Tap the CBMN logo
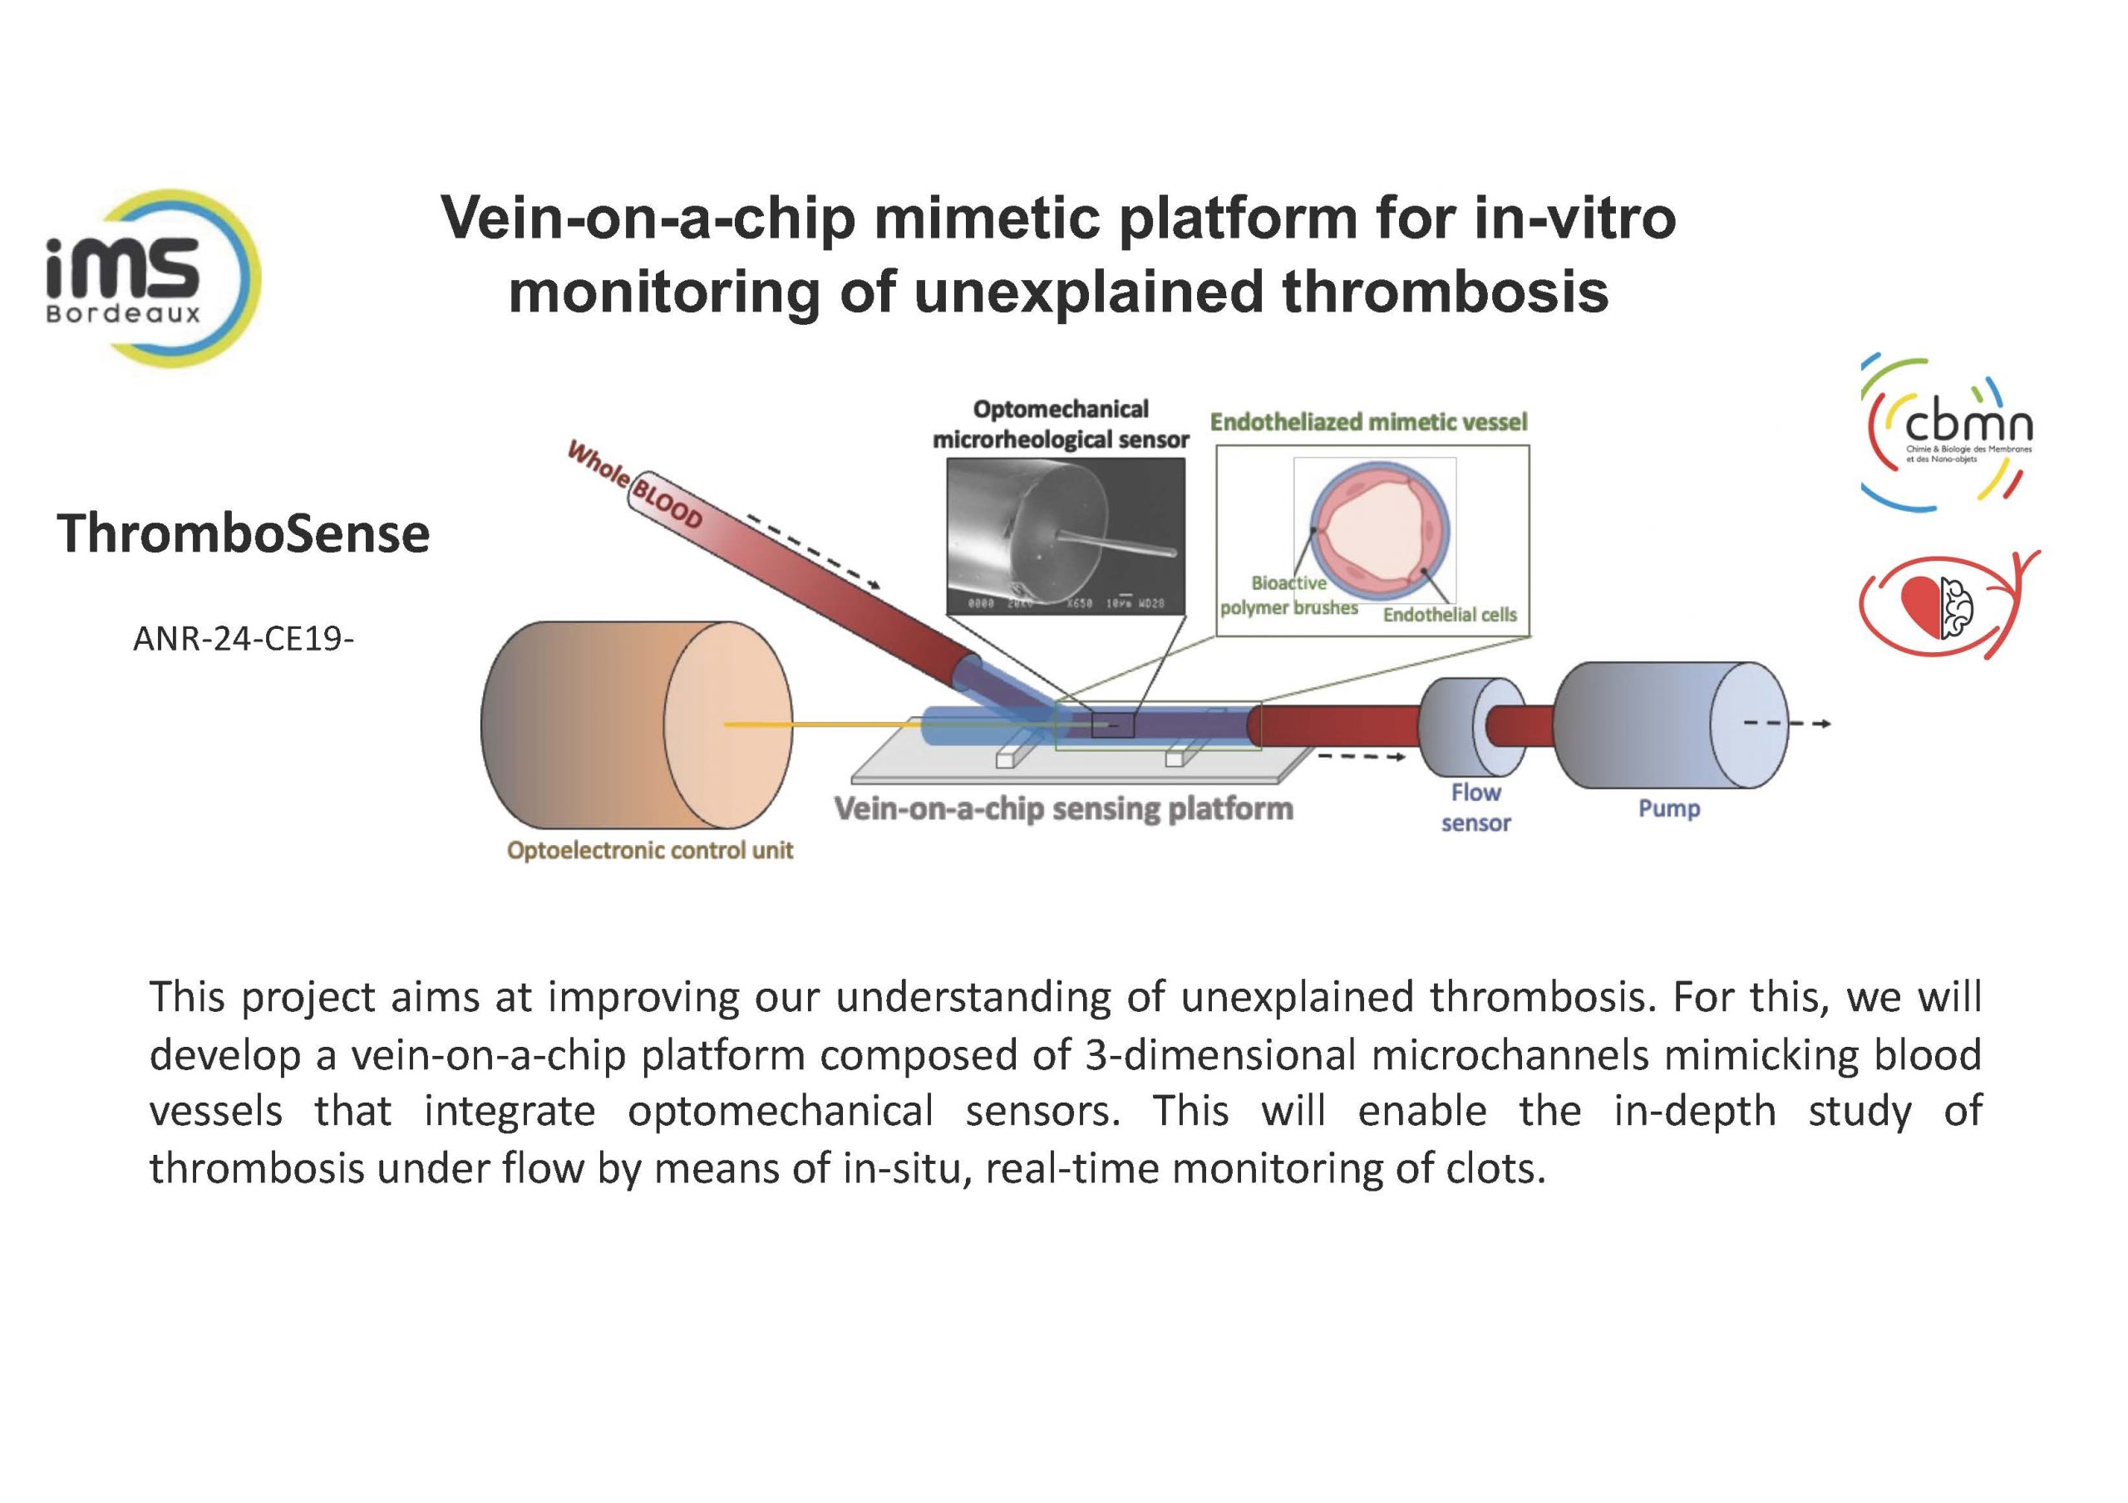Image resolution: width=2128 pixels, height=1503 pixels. [1948, 432]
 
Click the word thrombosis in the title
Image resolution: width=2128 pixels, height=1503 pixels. [1445, 292]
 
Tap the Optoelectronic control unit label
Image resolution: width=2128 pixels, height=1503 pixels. [650, 851]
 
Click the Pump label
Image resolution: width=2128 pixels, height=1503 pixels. [1668, 809]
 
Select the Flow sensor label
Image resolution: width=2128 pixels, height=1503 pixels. [1475, 807]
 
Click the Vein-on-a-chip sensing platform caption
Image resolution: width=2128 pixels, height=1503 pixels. [1063, 809]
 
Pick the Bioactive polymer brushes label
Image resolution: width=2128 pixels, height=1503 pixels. [1288, 595]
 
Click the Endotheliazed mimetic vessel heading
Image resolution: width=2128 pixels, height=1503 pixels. [1368, 423]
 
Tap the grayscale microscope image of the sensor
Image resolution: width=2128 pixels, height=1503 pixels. [1066, 536]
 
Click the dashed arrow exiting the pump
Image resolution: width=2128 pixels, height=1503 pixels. [1787, 724]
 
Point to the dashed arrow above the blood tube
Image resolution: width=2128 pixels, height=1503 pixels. [813, 554]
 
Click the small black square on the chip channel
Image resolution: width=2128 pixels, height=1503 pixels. [1112, 724]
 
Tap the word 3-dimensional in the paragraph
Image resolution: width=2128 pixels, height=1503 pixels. [1219, 1055]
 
